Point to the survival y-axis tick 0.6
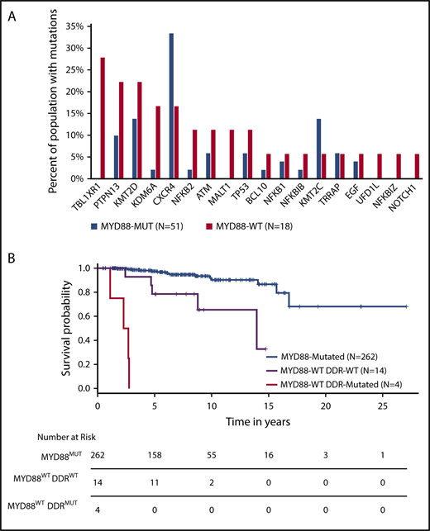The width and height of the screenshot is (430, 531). pyautogui.click(x=83, y=315)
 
